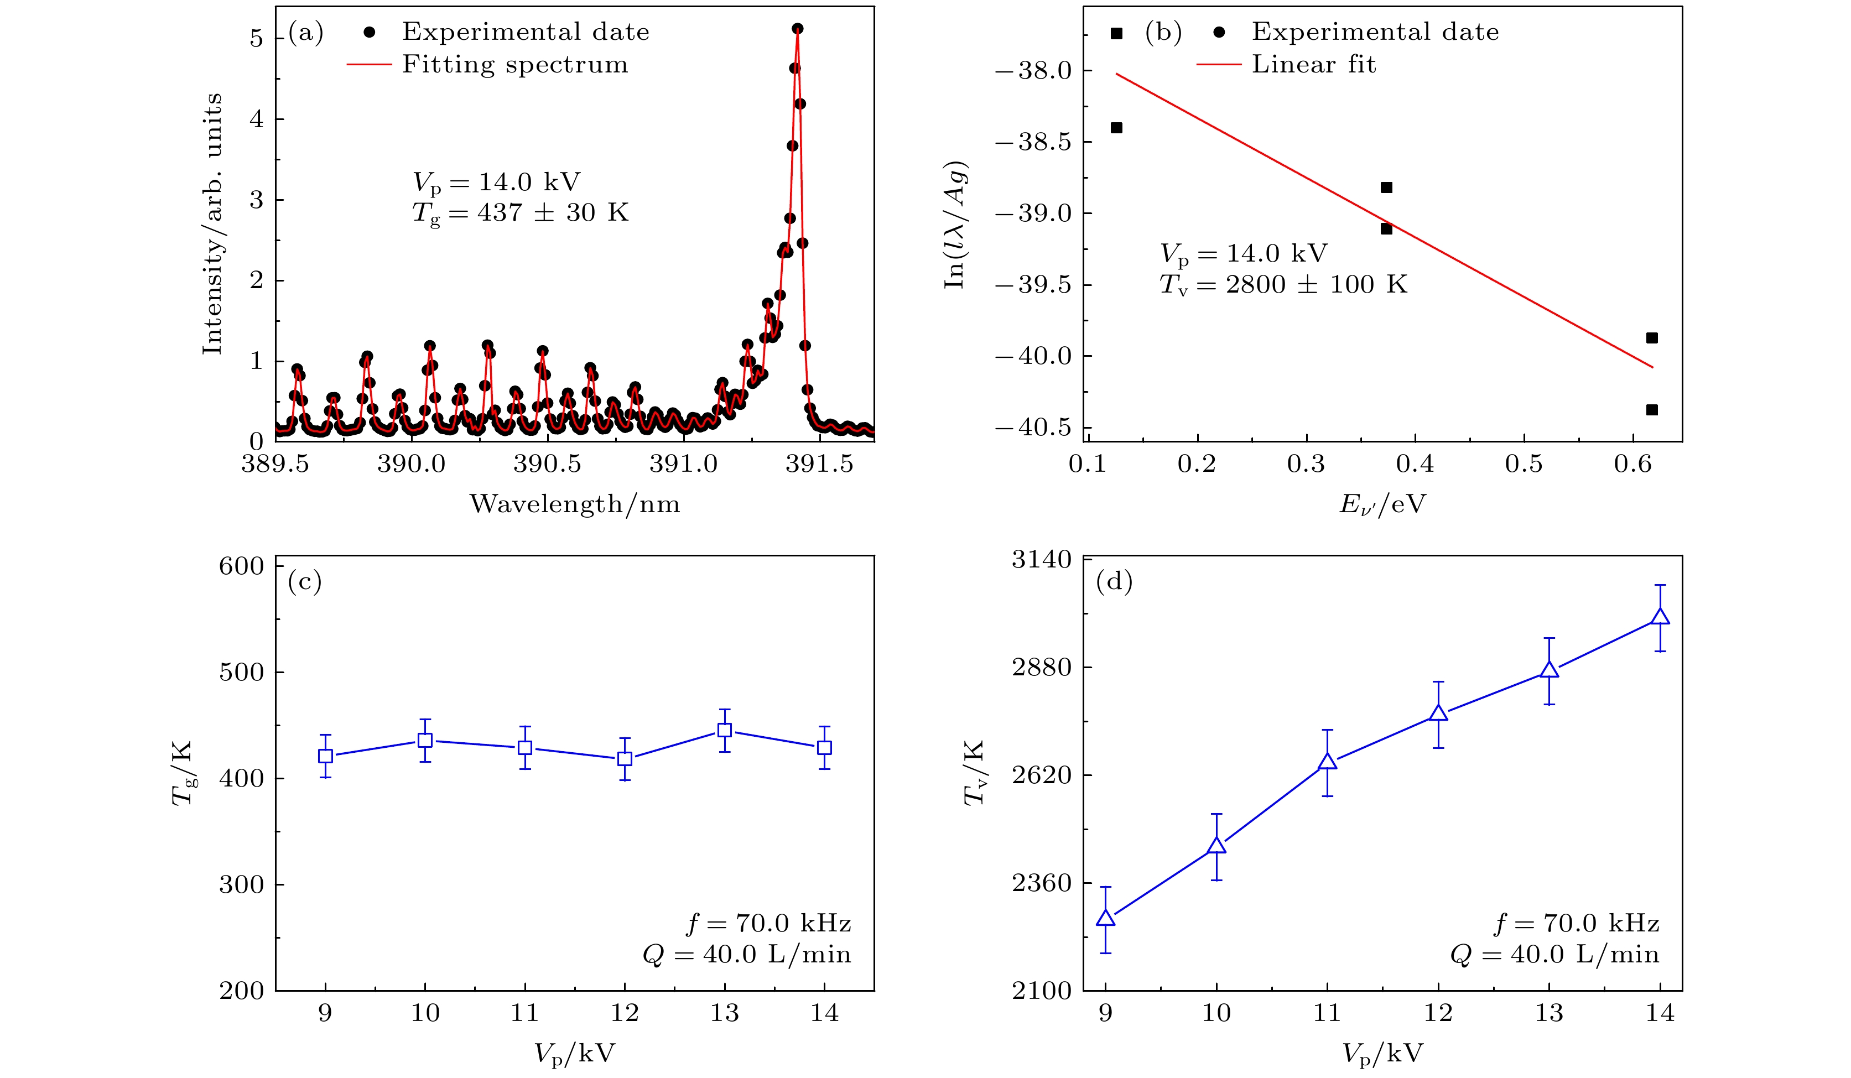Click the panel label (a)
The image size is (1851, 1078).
(305, 33)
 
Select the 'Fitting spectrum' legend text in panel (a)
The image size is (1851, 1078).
(515, 65)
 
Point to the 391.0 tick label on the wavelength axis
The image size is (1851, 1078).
(683, 465)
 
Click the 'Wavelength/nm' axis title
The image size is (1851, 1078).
(575, 504)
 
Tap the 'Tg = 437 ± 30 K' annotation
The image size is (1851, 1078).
(520, 213)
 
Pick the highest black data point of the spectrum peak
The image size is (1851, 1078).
(798, 29)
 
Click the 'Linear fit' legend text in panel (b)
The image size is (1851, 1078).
(1313, 65)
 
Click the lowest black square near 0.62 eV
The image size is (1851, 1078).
(1652, 410)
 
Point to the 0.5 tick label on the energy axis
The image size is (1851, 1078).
(1524, 465)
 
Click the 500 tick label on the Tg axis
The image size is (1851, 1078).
(241, 672)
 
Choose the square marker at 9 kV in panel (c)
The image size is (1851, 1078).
(325, 756)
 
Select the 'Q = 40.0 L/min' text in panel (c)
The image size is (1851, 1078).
(746, 955)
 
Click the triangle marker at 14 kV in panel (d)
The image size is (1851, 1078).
(1660, 617)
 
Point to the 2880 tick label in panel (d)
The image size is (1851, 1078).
(1042, 668)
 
